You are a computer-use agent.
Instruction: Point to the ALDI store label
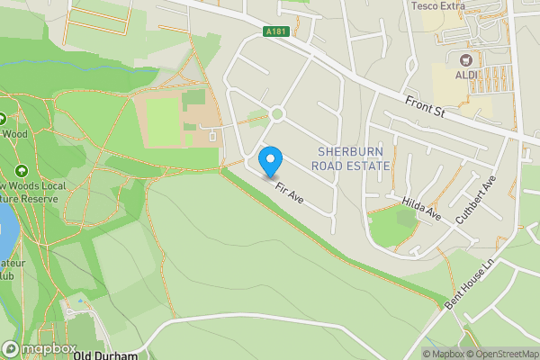click(466, 75)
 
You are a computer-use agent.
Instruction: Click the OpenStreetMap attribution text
click(499, 354)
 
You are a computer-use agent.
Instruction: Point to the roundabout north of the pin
click(275, 114)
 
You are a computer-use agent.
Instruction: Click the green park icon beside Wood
click(2, 118)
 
